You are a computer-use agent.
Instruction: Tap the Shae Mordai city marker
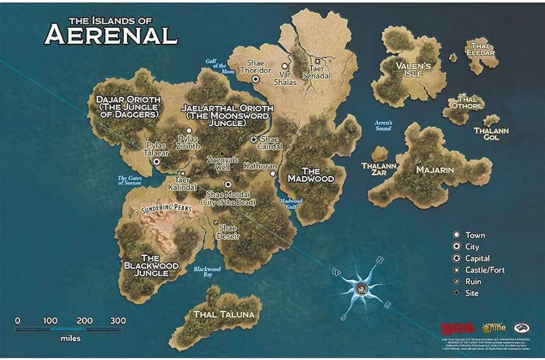pyautogui.click(x=228, y=184)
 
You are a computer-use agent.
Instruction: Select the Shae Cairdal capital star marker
pyautogui.click(x=254, y=139)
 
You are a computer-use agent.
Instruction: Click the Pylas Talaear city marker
pyautogui.click(x=157, y=161)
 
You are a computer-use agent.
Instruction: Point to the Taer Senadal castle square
pyautogui.click(x=318, y=60)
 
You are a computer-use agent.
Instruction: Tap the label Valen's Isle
pyautogui.click(x=413, y=70)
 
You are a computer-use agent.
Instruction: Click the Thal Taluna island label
pyautogui.click(x=223, y=315)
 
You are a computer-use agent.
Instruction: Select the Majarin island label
pyautogui.click(x=435, y=169)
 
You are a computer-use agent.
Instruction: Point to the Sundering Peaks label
pyautogui.click(x=166, y=208)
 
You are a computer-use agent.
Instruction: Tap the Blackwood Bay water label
pyautogui.click(x=207, y=272)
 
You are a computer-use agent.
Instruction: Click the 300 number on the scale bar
pyautogui.click(x=118, y=321)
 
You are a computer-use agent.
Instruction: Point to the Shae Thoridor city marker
pyautogui.click(x=256, y=79)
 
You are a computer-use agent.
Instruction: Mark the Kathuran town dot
pyautogui.click(x=272, y=173)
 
